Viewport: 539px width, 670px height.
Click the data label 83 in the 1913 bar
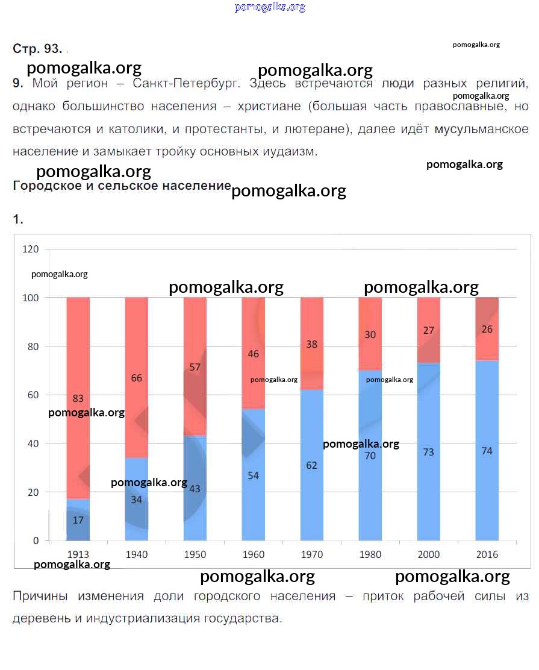[78, 398]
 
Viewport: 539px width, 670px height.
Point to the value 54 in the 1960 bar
[253, 475]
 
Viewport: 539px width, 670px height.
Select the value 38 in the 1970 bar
[311, 345]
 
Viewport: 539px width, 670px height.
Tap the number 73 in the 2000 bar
[428, 452]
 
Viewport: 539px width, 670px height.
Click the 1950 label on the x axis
[195, 554]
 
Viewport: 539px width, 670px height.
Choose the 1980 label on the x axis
[370, 554]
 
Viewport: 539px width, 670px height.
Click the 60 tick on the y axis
[33, 395]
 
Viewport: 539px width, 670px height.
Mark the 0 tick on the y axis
[36, 541]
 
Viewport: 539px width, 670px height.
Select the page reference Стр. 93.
[37, 49]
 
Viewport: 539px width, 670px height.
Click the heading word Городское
[46, 186]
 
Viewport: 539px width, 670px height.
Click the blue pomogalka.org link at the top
[270, 7]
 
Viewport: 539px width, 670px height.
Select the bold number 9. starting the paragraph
[18, 84]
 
